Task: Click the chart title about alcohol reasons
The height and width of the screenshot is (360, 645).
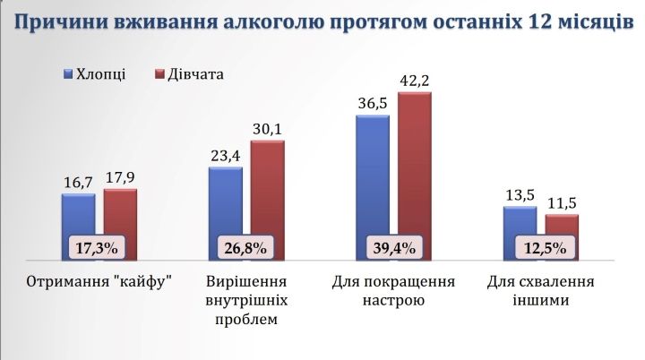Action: coord(322,21)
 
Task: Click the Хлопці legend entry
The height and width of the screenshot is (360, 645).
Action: coord(95,74)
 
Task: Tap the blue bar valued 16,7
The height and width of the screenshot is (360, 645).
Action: coord(78,215)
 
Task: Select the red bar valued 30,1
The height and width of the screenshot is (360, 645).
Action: coord(267,188)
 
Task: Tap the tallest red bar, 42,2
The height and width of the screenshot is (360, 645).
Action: coord(414,161)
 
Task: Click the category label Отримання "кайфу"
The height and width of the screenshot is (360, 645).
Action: coord(99,281)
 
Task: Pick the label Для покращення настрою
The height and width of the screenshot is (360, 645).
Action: coord(392,290)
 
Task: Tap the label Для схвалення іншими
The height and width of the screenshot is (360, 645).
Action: coord(540,290)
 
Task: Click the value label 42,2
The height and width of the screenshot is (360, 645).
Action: coord(414,81)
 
